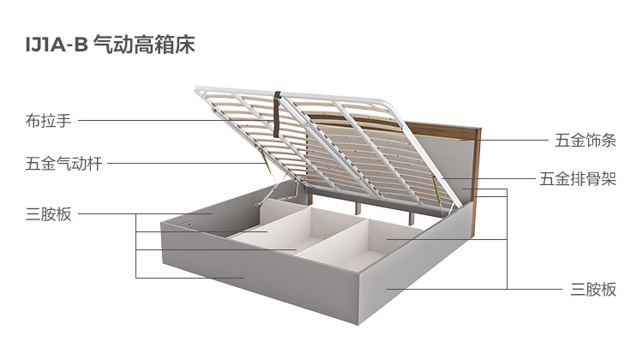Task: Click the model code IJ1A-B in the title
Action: pos(56,45)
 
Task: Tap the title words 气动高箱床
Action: pos(144,45)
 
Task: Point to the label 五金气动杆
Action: pos(63,164)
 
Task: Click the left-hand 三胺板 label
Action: pos(49,213)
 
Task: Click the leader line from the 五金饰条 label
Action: pos(506,140)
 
